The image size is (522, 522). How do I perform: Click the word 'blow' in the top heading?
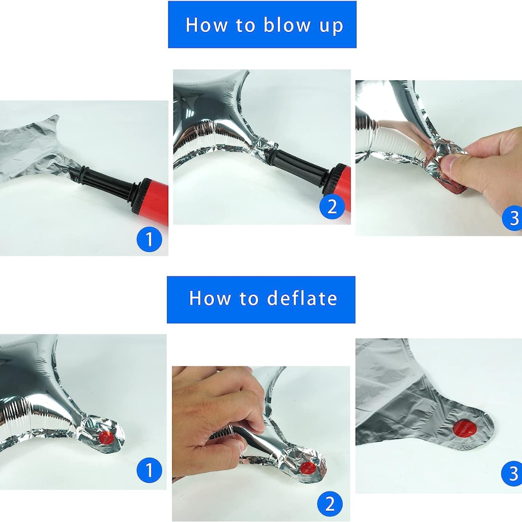pos(286,25)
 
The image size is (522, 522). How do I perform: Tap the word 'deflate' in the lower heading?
pos(302,298)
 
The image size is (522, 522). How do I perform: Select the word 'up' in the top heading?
pos(331,27)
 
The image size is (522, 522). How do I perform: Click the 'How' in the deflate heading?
pos(210,298)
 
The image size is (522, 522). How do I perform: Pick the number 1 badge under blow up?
pos(149,239)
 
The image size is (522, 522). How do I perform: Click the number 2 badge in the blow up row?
pos(332,206)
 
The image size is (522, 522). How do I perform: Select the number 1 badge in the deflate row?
pos(149,470)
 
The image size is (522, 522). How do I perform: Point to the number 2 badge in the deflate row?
pos(330,504)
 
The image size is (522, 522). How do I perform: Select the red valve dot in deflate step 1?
pos(106,437)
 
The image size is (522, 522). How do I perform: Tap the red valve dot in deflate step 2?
pos(307,467)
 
